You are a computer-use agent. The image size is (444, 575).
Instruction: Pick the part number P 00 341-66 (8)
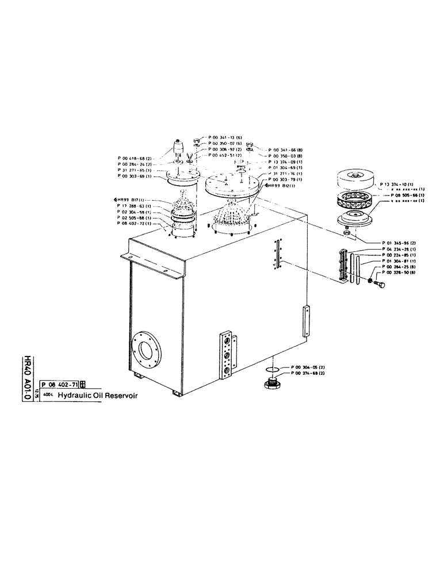tap(285, 149)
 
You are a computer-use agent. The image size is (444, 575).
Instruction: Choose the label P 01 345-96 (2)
tap(401, 243)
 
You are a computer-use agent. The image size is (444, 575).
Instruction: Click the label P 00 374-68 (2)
tap(308, 373)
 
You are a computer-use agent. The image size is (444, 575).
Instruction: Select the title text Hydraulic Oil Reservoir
tap(98, 396)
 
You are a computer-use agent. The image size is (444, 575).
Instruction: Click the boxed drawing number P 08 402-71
tap(59, 385)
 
